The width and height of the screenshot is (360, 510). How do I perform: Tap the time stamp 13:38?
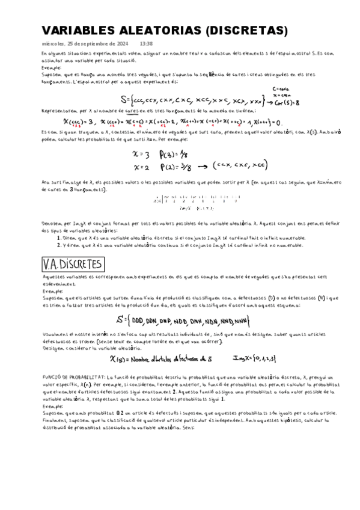pyautogui.click(x=146, y=44)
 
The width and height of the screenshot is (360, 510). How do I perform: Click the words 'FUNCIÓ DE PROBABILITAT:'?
pyautogui.click(x=70, y=377)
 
